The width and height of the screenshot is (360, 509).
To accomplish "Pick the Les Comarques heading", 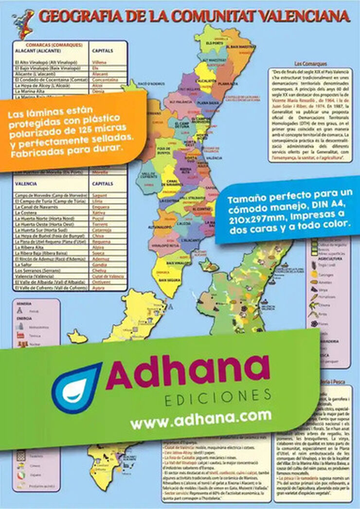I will coord(308,63).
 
